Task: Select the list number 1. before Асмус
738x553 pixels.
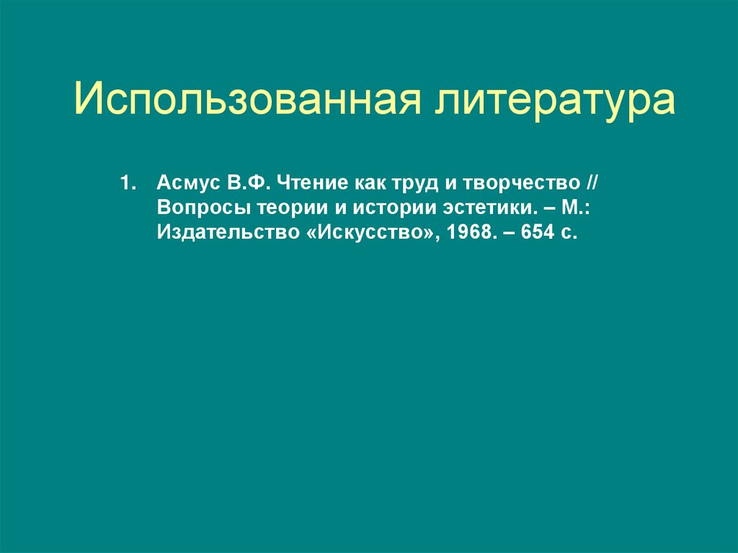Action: point(128,183)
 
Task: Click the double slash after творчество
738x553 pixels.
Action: point(592,183)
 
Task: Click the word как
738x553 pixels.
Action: point(364,183)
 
